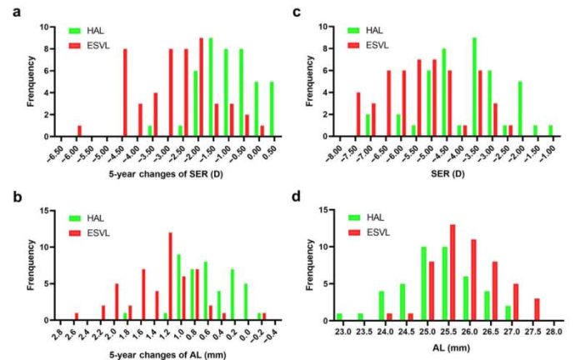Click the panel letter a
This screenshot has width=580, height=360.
click(17, 12)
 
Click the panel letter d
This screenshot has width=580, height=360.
click(297, 197)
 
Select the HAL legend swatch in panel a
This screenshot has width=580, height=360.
click(75, 31)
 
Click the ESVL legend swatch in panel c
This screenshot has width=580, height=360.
click(353, 46)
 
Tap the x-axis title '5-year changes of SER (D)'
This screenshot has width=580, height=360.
click(166, 173)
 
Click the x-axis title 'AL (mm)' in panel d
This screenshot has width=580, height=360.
click(452, 347)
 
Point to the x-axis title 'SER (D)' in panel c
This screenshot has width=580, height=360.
click(447, 173)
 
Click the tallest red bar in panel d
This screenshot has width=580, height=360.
click(452, 272)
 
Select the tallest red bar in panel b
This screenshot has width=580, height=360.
click(170, 276)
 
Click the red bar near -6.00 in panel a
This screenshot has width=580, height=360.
click(79, 131)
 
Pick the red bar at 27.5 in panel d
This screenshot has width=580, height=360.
click(537, 309)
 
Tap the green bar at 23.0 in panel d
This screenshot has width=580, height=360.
click(339, 317)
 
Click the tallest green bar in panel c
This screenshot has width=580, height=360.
click(474, 87)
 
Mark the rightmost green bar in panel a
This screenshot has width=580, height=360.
click(272, 109)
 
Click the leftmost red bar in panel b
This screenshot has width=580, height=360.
click(77, 317)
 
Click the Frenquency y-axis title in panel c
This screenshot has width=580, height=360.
click(310, 81)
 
